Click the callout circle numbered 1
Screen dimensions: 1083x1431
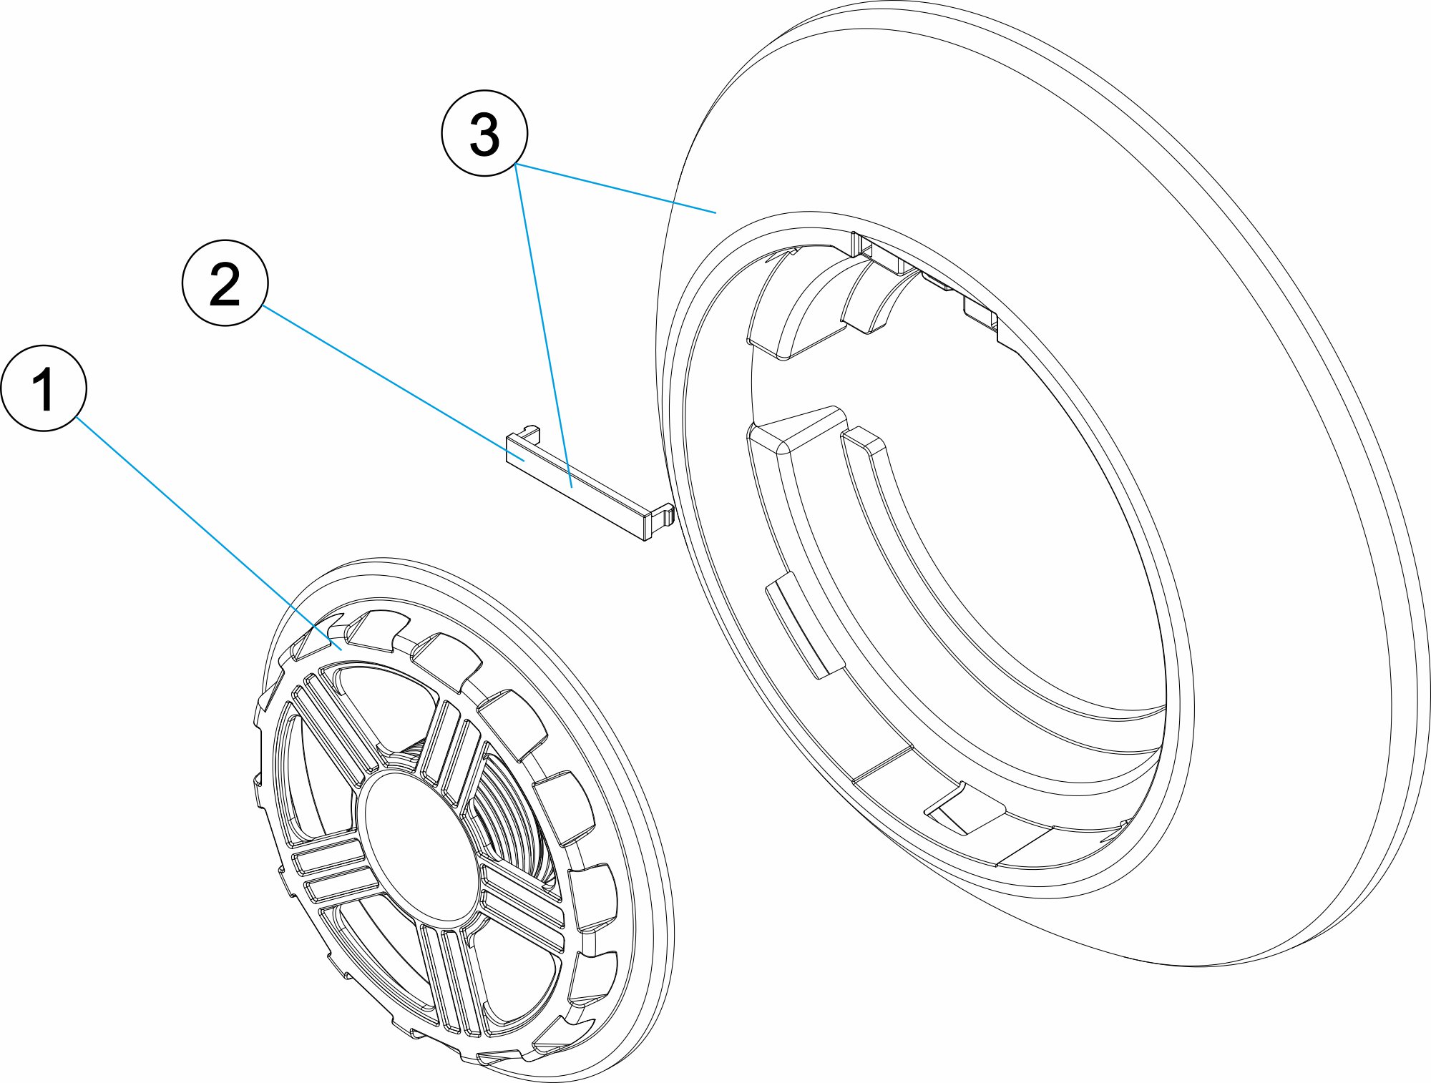point(44,388)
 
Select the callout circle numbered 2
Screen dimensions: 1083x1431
point(225,283)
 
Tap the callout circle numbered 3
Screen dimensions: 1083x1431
point(484,133)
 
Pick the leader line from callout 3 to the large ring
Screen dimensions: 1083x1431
point(615,189)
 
